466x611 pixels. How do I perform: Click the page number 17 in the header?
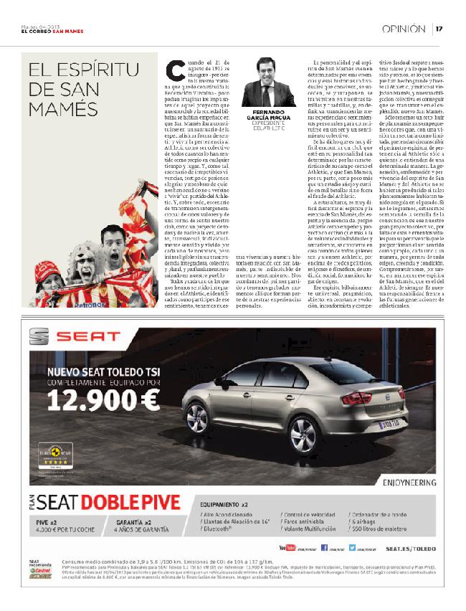[x=439, y=29]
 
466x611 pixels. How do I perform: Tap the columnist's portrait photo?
[x=269, y=83]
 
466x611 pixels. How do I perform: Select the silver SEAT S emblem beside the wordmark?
[x=39, y=336]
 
